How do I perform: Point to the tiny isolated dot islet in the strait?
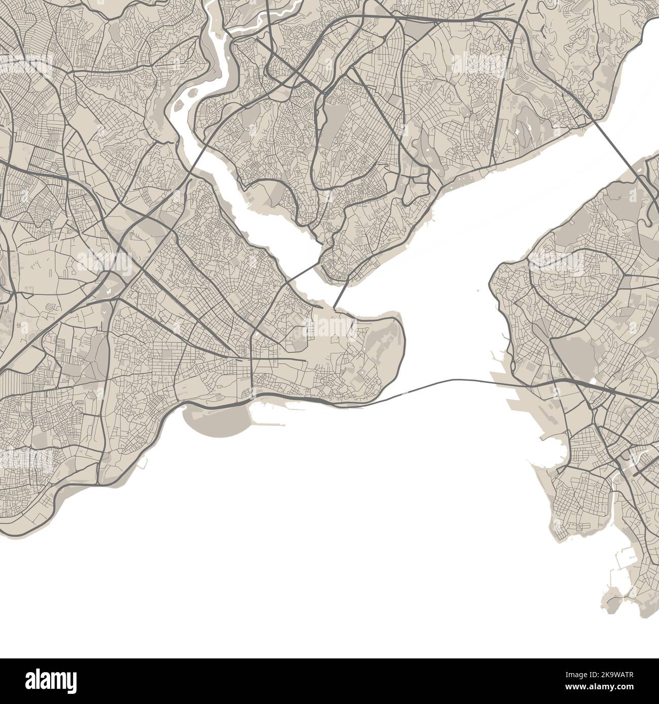coord(478,291)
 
